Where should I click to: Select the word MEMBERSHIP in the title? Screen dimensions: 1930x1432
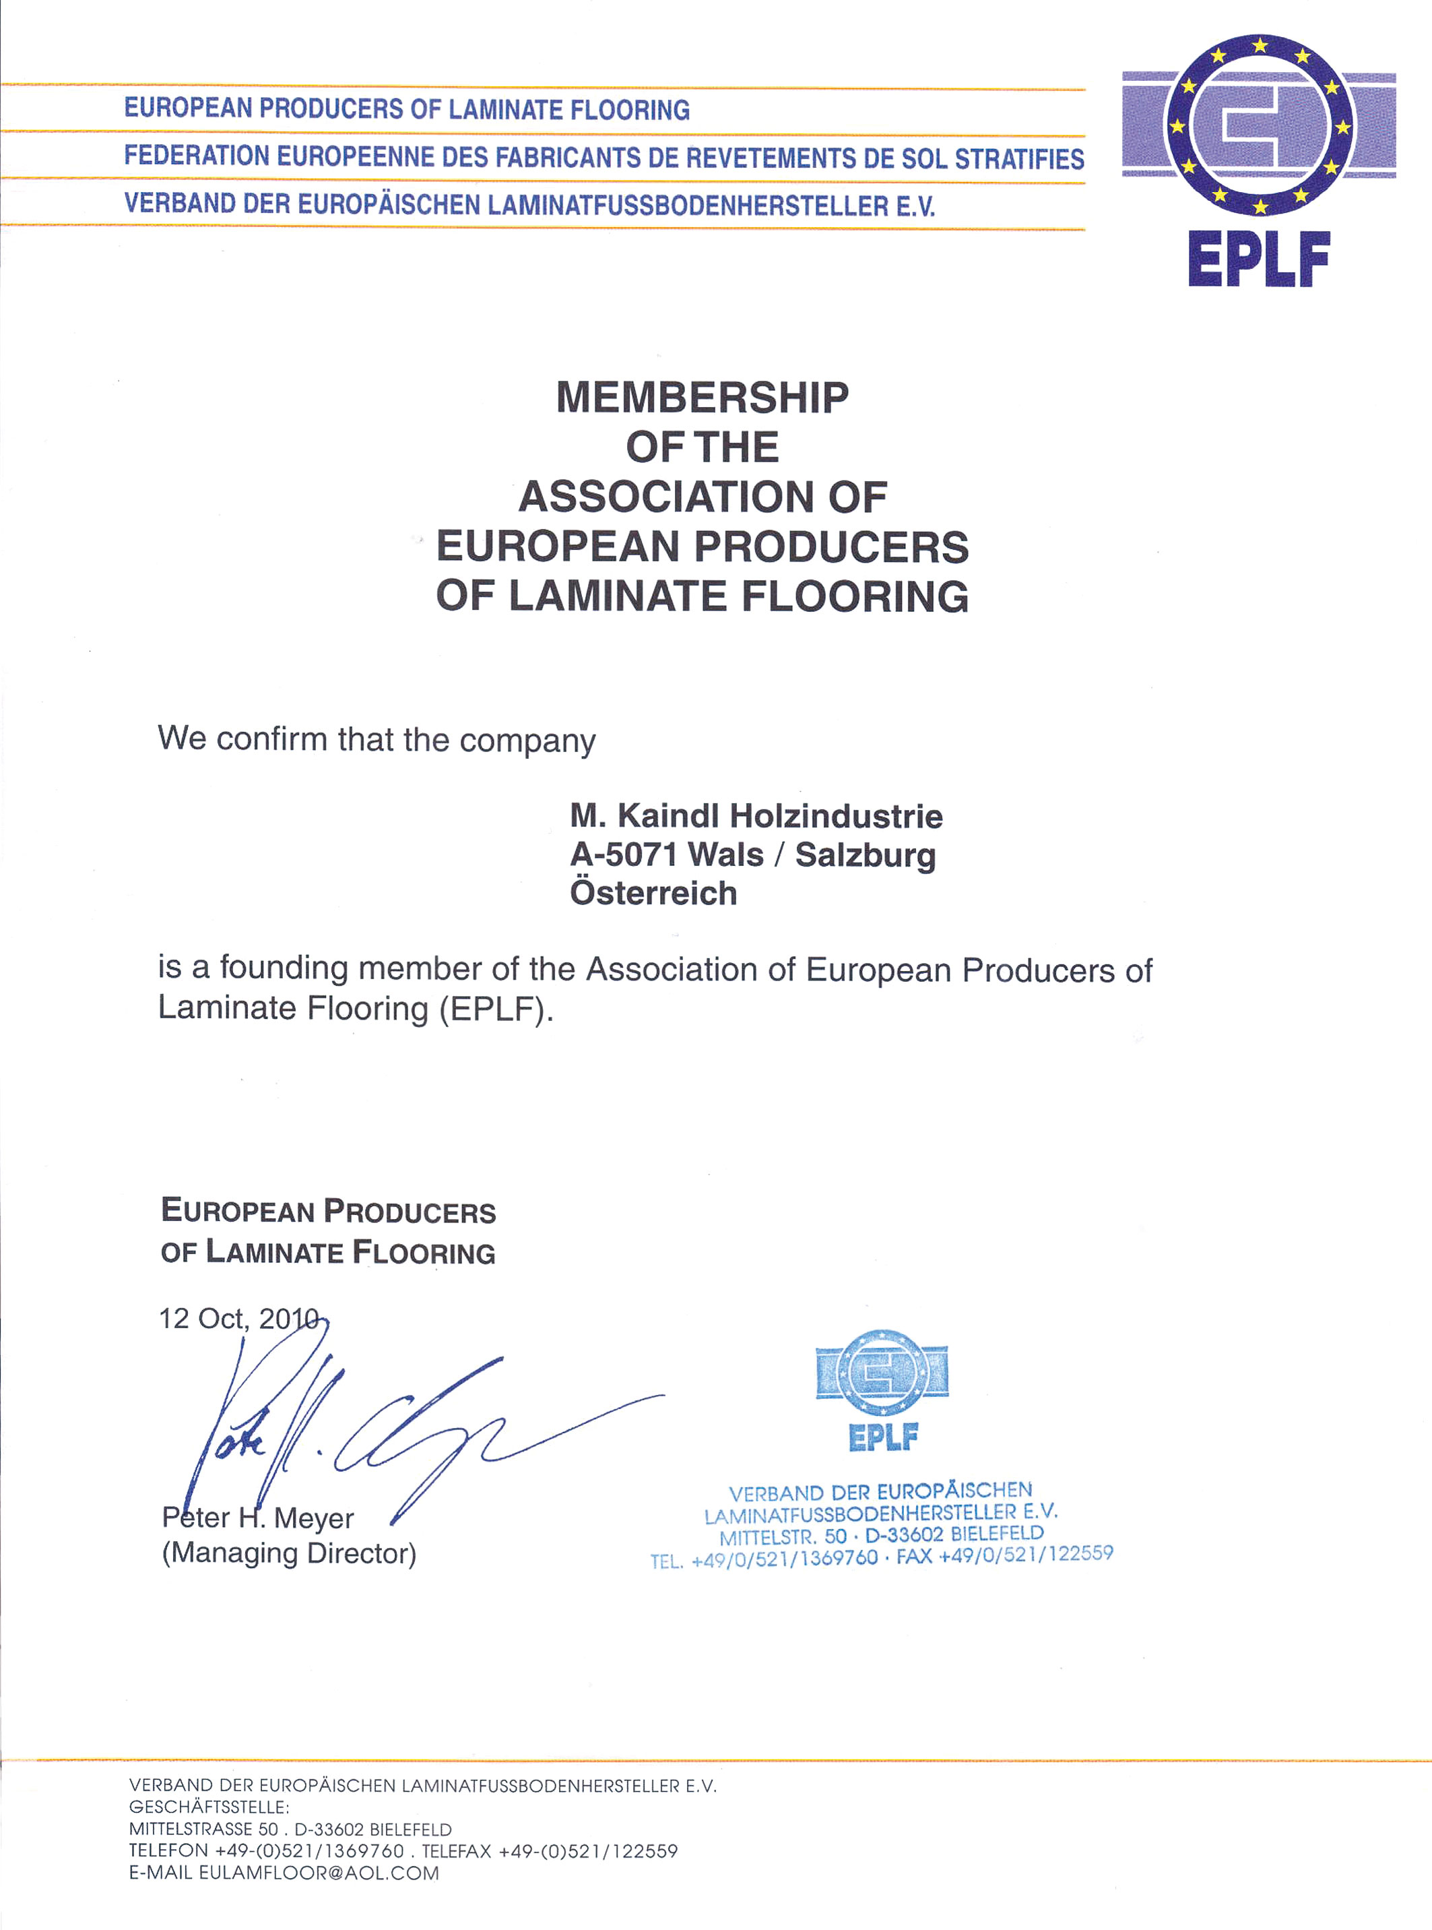pos(702,398)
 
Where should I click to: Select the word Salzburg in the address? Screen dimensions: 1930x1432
pos(865,855)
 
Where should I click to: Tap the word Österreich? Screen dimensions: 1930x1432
pos(653,893)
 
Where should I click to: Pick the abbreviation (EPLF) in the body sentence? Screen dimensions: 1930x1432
pos(496,1009)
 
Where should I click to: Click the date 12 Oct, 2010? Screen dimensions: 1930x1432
pos(238,1319)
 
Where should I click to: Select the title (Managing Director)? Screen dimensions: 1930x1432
pos(289,1553)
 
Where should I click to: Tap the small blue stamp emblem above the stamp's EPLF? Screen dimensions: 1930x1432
pos(882,1373)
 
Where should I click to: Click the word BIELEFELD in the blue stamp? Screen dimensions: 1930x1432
pos(998,1533)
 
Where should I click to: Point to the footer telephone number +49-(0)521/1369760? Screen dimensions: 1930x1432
pos(309,1851)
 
